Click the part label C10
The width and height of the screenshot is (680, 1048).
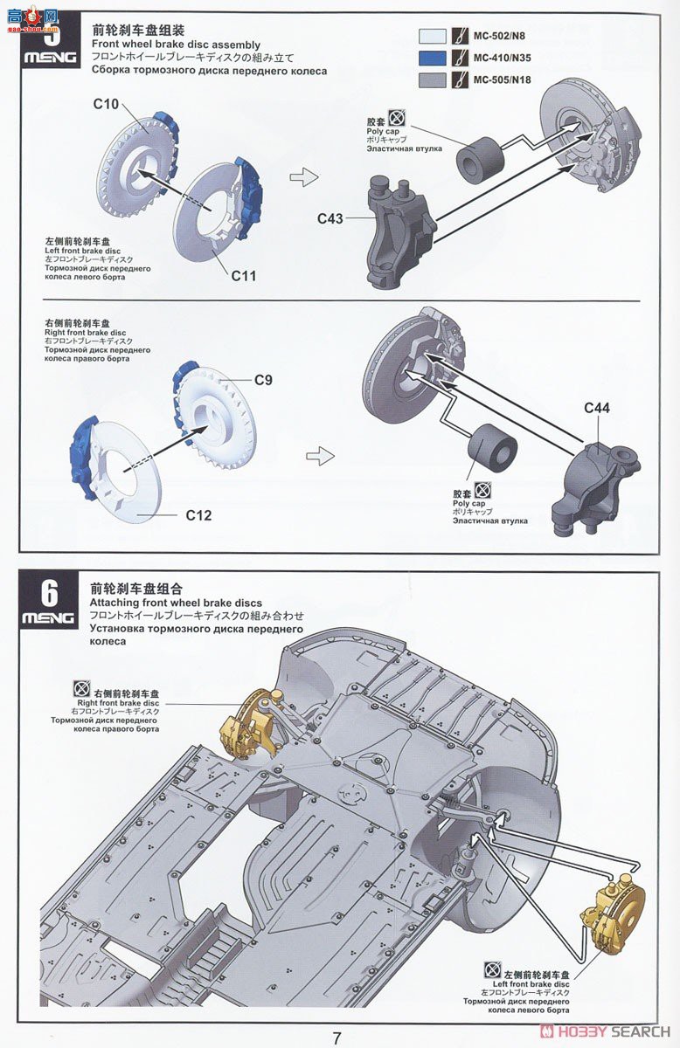pos(106,104)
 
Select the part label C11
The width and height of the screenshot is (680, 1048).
pos(244,275)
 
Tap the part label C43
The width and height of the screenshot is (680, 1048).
pos(330,218)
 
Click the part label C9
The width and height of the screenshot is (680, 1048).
pos(263,380)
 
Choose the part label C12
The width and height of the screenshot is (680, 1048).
pos(198,514)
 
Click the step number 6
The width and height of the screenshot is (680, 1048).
pos(50,594)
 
